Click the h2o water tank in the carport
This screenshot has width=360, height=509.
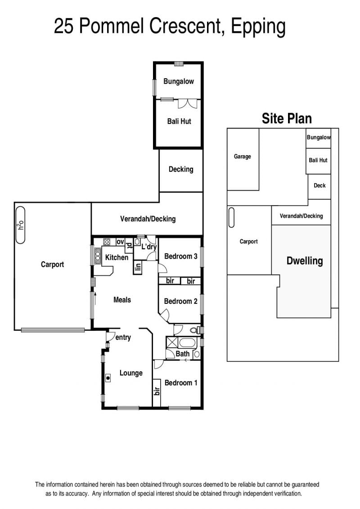20,225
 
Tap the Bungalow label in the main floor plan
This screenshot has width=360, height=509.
179,81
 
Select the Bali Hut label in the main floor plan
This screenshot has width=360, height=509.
179,122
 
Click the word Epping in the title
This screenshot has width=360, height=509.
258,27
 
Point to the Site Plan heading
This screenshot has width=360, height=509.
287,118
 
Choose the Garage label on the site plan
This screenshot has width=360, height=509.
243,157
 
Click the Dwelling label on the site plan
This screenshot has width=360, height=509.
305,261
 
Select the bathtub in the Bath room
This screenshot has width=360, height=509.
186,343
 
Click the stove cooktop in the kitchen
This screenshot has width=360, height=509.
107,242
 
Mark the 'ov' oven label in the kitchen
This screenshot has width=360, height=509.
120,242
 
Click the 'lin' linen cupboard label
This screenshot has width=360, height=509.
138,267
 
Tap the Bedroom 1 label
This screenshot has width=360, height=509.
181,383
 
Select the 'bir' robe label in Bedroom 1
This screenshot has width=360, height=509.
157,391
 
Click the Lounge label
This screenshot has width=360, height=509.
131,373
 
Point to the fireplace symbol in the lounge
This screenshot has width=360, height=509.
108,378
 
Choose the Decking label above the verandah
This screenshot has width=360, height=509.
181,170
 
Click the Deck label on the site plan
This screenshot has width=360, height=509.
319,186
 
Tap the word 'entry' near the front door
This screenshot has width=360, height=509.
123,338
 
